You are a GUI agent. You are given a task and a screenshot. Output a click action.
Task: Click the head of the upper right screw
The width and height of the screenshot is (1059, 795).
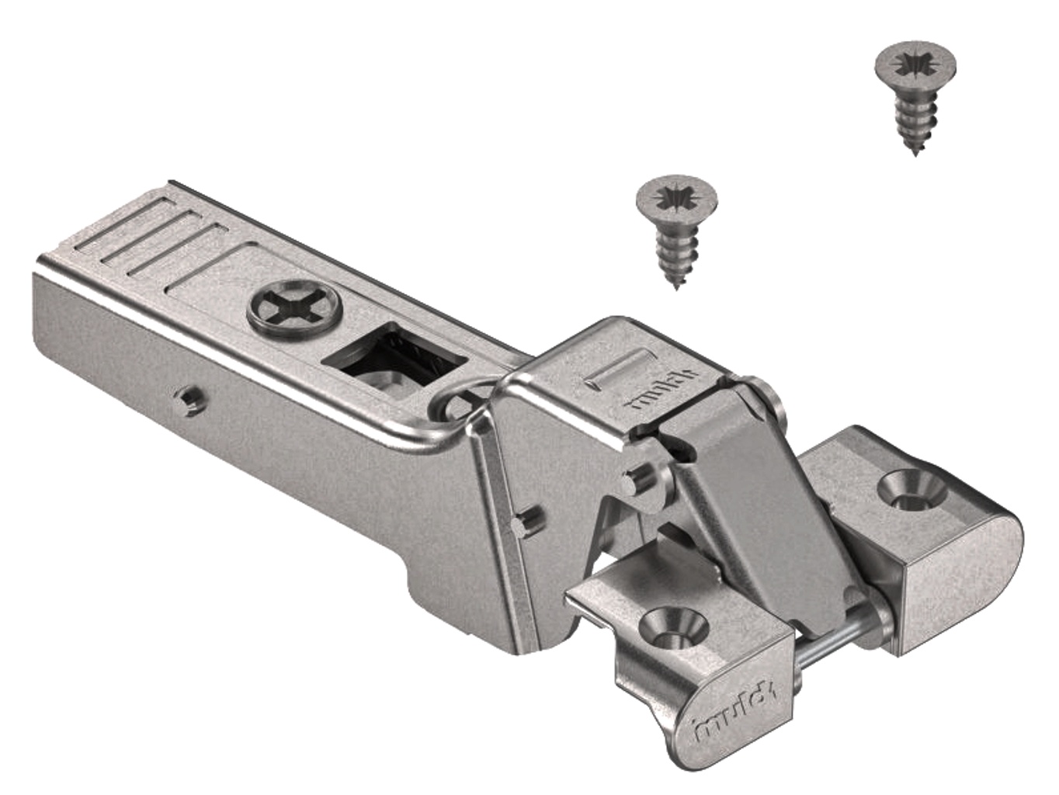coord(915,63)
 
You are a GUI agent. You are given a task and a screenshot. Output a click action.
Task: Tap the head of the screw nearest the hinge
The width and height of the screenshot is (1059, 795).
coord(676,198)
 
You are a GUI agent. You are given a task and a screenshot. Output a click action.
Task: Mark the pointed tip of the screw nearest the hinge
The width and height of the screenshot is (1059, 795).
coord(678,289)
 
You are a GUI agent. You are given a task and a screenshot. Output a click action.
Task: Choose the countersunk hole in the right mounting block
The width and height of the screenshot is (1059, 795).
coord(913,490)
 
